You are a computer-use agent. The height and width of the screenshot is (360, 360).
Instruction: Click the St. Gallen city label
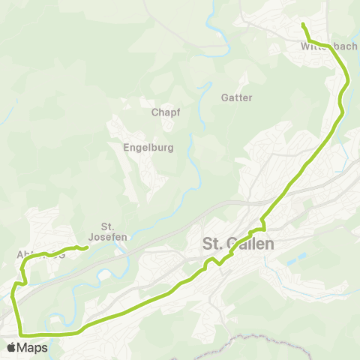pos(238,244)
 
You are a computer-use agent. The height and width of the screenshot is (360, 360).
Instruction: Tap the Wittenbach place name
pos(328,46)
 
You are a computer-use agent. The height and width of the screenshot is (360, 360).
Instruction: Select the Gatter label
pos(236,97)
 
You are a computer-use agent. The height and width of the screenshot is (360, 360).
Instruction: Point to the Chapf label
pos(164,112)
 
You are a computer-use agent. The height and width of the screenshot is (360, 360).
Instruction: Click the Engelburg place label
pos(148,148)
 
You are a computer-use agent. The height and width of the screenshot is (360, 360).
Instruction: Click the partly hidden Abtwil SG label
pos(40,254)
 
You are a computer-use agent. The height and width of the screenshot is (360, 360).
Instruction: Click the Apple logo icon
pos(11,348)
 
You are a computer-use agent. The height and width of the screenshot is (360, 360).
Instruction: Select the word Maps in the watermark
pos(32,348)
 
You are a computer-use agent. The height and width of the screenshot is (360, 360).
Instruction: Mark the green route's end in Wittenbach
pos(303,25)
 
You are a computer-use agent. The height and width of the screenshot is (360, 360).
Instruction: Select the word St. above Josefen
pos(106,226)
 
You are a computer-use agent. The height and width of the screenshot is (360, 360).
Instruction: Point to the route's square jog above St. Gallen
pos(262,228)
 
